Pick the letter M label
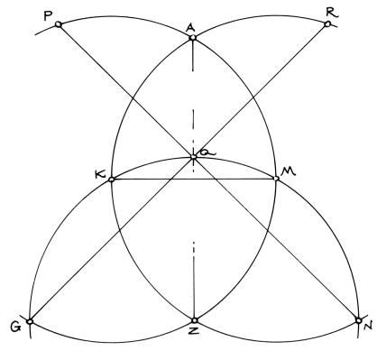point(290,171)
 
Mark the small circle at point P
point(59,24)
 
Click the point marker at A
point(192,39)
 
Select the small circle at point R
point(326,24)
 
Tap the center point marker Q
point(193,157)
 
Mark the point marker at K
point(111,180)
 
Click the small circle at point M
point(275,179)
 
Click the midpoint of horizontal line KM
point(193,180)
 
